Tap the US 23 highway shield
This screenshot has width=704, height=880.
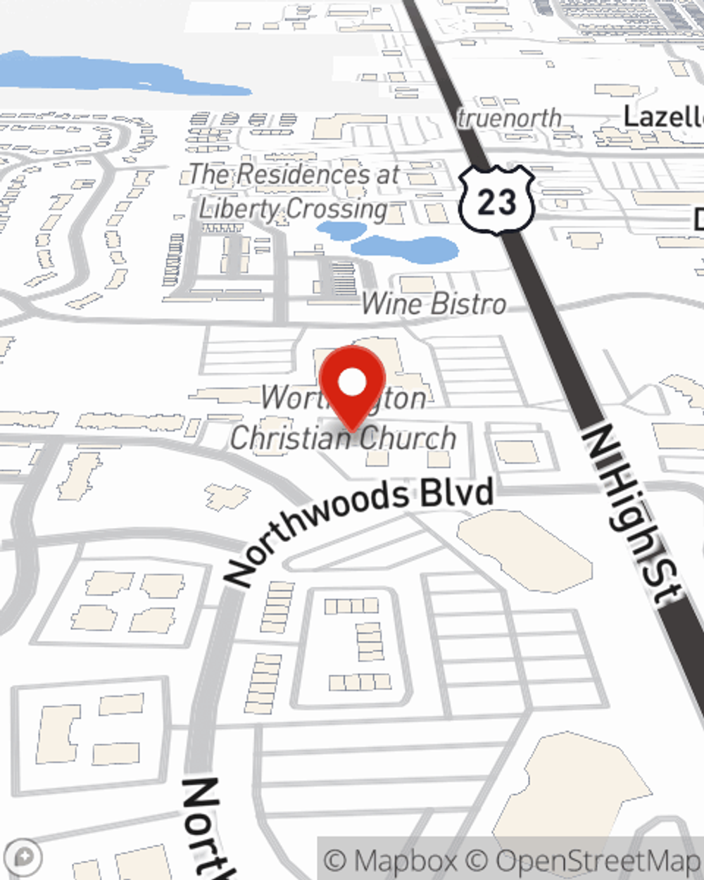point(496,201)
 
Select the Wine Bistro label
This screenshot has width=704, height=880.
point(434,304)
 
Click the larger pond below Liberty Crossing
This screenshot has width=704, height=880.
point(405,248)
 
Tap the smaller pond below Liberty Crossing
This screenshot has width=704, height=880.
point(341,230)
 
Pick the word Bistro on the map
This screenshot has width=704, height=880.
point(468,304)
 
